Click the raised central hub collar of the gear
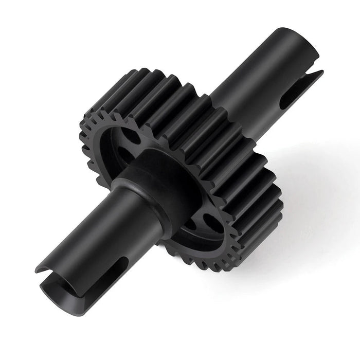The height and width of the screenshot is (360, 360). (154, 170)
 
